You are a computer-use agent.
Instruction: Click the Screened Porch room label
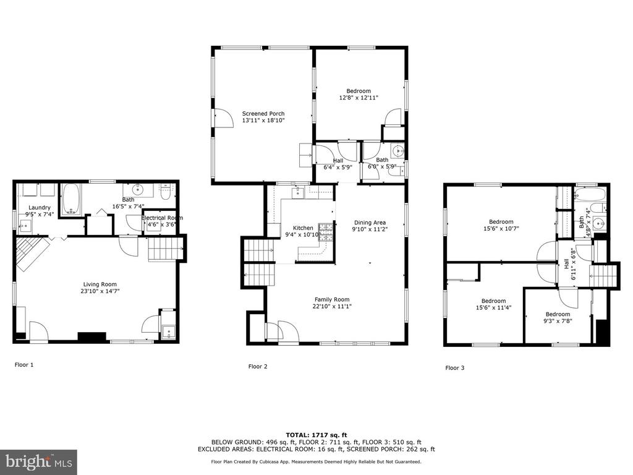[263, 114]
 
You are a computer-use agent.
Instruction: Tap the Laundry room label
[39, 208]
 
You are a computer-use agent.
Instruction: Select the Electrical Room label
[162, 218]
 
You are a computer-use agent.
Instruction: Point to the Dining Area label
[370, 223]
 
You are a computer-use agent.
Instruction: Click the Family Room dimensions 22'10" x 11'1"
[332, 306]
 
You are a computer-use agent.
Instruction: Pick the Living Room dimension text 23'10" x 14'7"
[100, 291]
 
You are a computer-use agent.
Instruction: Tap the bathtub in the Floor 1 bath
[72, 199]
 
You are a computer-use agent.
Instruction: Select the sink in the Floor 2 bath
[399, 150]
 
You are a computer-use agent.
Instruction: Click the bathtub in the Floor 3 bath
[590, 194]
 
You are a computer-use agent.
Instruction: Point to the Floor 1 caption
[24, 365]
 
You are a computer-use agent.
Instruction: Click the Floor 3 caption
[455, 368]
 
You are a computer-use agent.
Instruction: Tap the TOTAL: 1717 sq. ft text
[316, 435]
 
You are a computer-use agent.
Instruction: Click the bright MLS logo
[39, 461]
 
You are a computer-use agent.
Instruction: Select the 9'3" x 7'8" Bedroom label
[558, 317]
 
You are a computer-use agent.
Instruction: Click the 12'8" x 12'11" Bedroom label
[359, 94]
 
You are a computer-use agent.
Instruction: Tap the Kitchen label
[303, 228]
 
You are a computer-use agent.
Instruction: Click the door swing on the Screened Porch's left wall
[224, 119]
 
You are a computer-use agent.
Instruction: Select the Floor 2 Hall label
[338, 160]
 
